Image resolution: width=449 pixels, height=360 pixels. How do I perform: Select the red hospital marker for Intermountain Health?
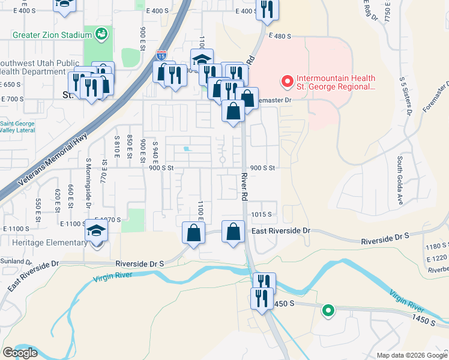[287, 80]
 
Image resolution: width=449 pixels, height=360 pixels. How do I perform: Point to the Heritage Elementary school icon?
[96, 232]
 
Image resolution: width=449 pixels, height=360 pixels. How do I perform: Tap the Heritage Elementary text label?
[45, 242]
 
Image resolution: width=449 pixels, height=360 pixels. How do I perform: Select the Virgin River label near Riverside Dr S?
[116, 278]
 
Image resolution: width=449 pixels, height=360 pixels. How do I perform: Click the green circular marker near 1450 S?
[328, 310]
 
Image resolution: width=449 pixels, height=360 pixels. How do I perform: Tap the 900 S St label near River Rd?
[262, 168]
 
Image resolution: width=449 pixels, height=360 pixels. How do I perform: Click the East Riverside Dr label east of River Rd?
[280, 230]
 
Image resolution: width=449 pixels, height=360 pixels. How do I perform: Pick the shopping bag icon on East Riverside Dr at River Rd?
[234, 232]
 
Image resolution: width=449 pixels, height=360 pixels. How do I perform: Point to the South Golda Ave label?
[399, 181]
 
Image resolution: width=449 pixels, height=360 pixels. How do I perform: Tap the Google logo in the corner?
[20, 353]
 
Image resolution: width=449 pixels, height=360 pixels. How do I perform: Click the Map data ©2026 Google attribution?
[411, 355]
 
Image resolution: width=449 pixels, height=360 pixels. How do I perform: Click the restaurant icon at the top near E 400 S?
[265, 9]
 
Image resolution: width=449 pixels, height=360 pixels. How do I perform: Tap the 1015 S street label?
[262, 214]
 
